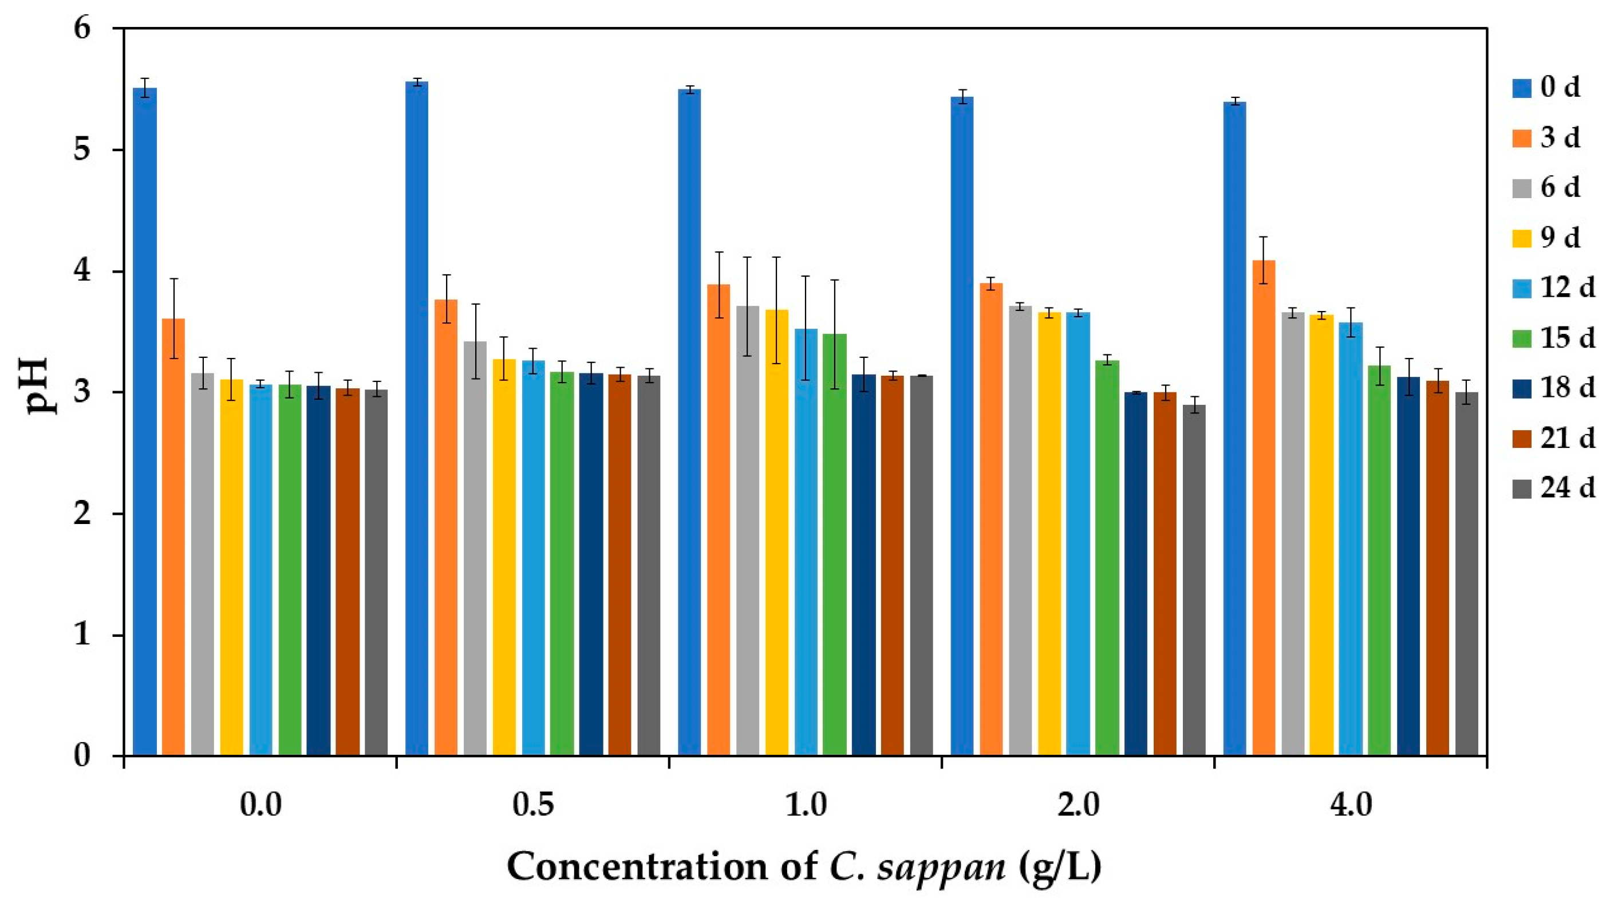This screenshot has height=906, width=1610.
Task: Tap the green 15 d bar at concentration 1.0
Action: tap(834, 544)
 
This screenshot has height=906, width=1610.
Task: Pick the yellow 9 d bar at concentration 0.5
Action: tap(504, 557)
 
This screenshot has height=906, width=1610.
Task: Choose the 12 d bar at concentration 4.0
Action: tap(1351, 538)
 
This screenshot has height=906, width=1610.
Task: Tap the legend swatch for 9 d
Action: tap(1517, 238)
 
